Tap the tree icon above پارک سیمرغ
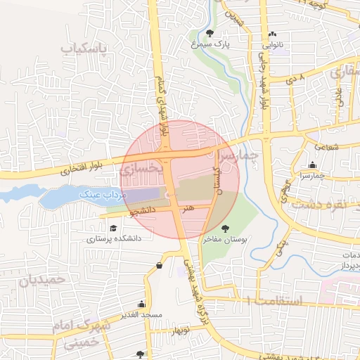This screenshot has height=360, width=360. click(210, 33)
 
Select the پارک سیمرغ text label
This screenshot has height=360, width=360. click(211, 44)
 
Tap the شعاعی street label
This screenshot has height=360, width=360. click(328, 147)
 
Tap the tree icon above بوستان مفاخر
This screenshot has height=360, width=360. click(225, 229)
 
